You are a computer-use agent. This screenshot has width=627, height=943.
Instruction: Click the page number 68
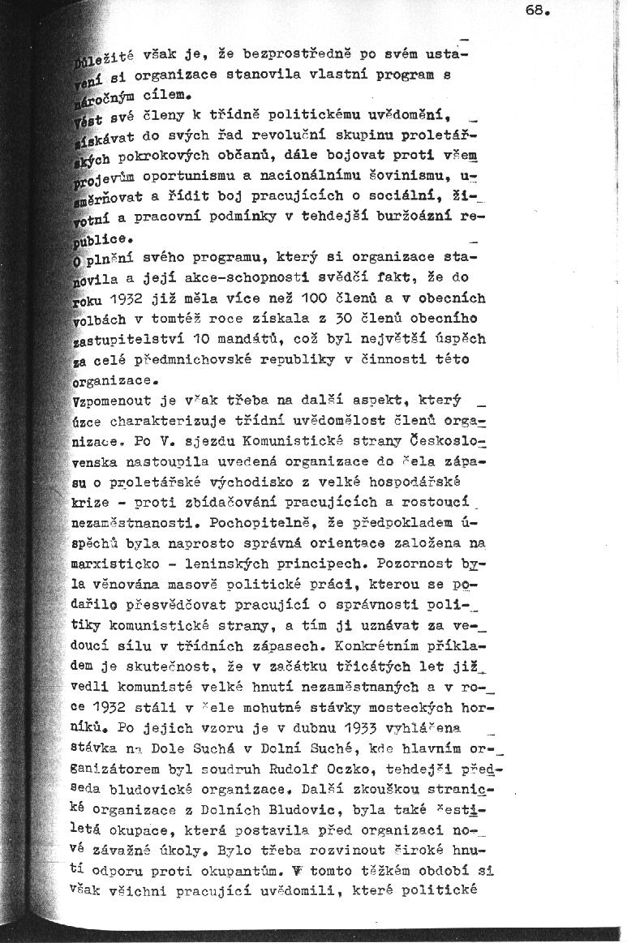click(x=539, y=12)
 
